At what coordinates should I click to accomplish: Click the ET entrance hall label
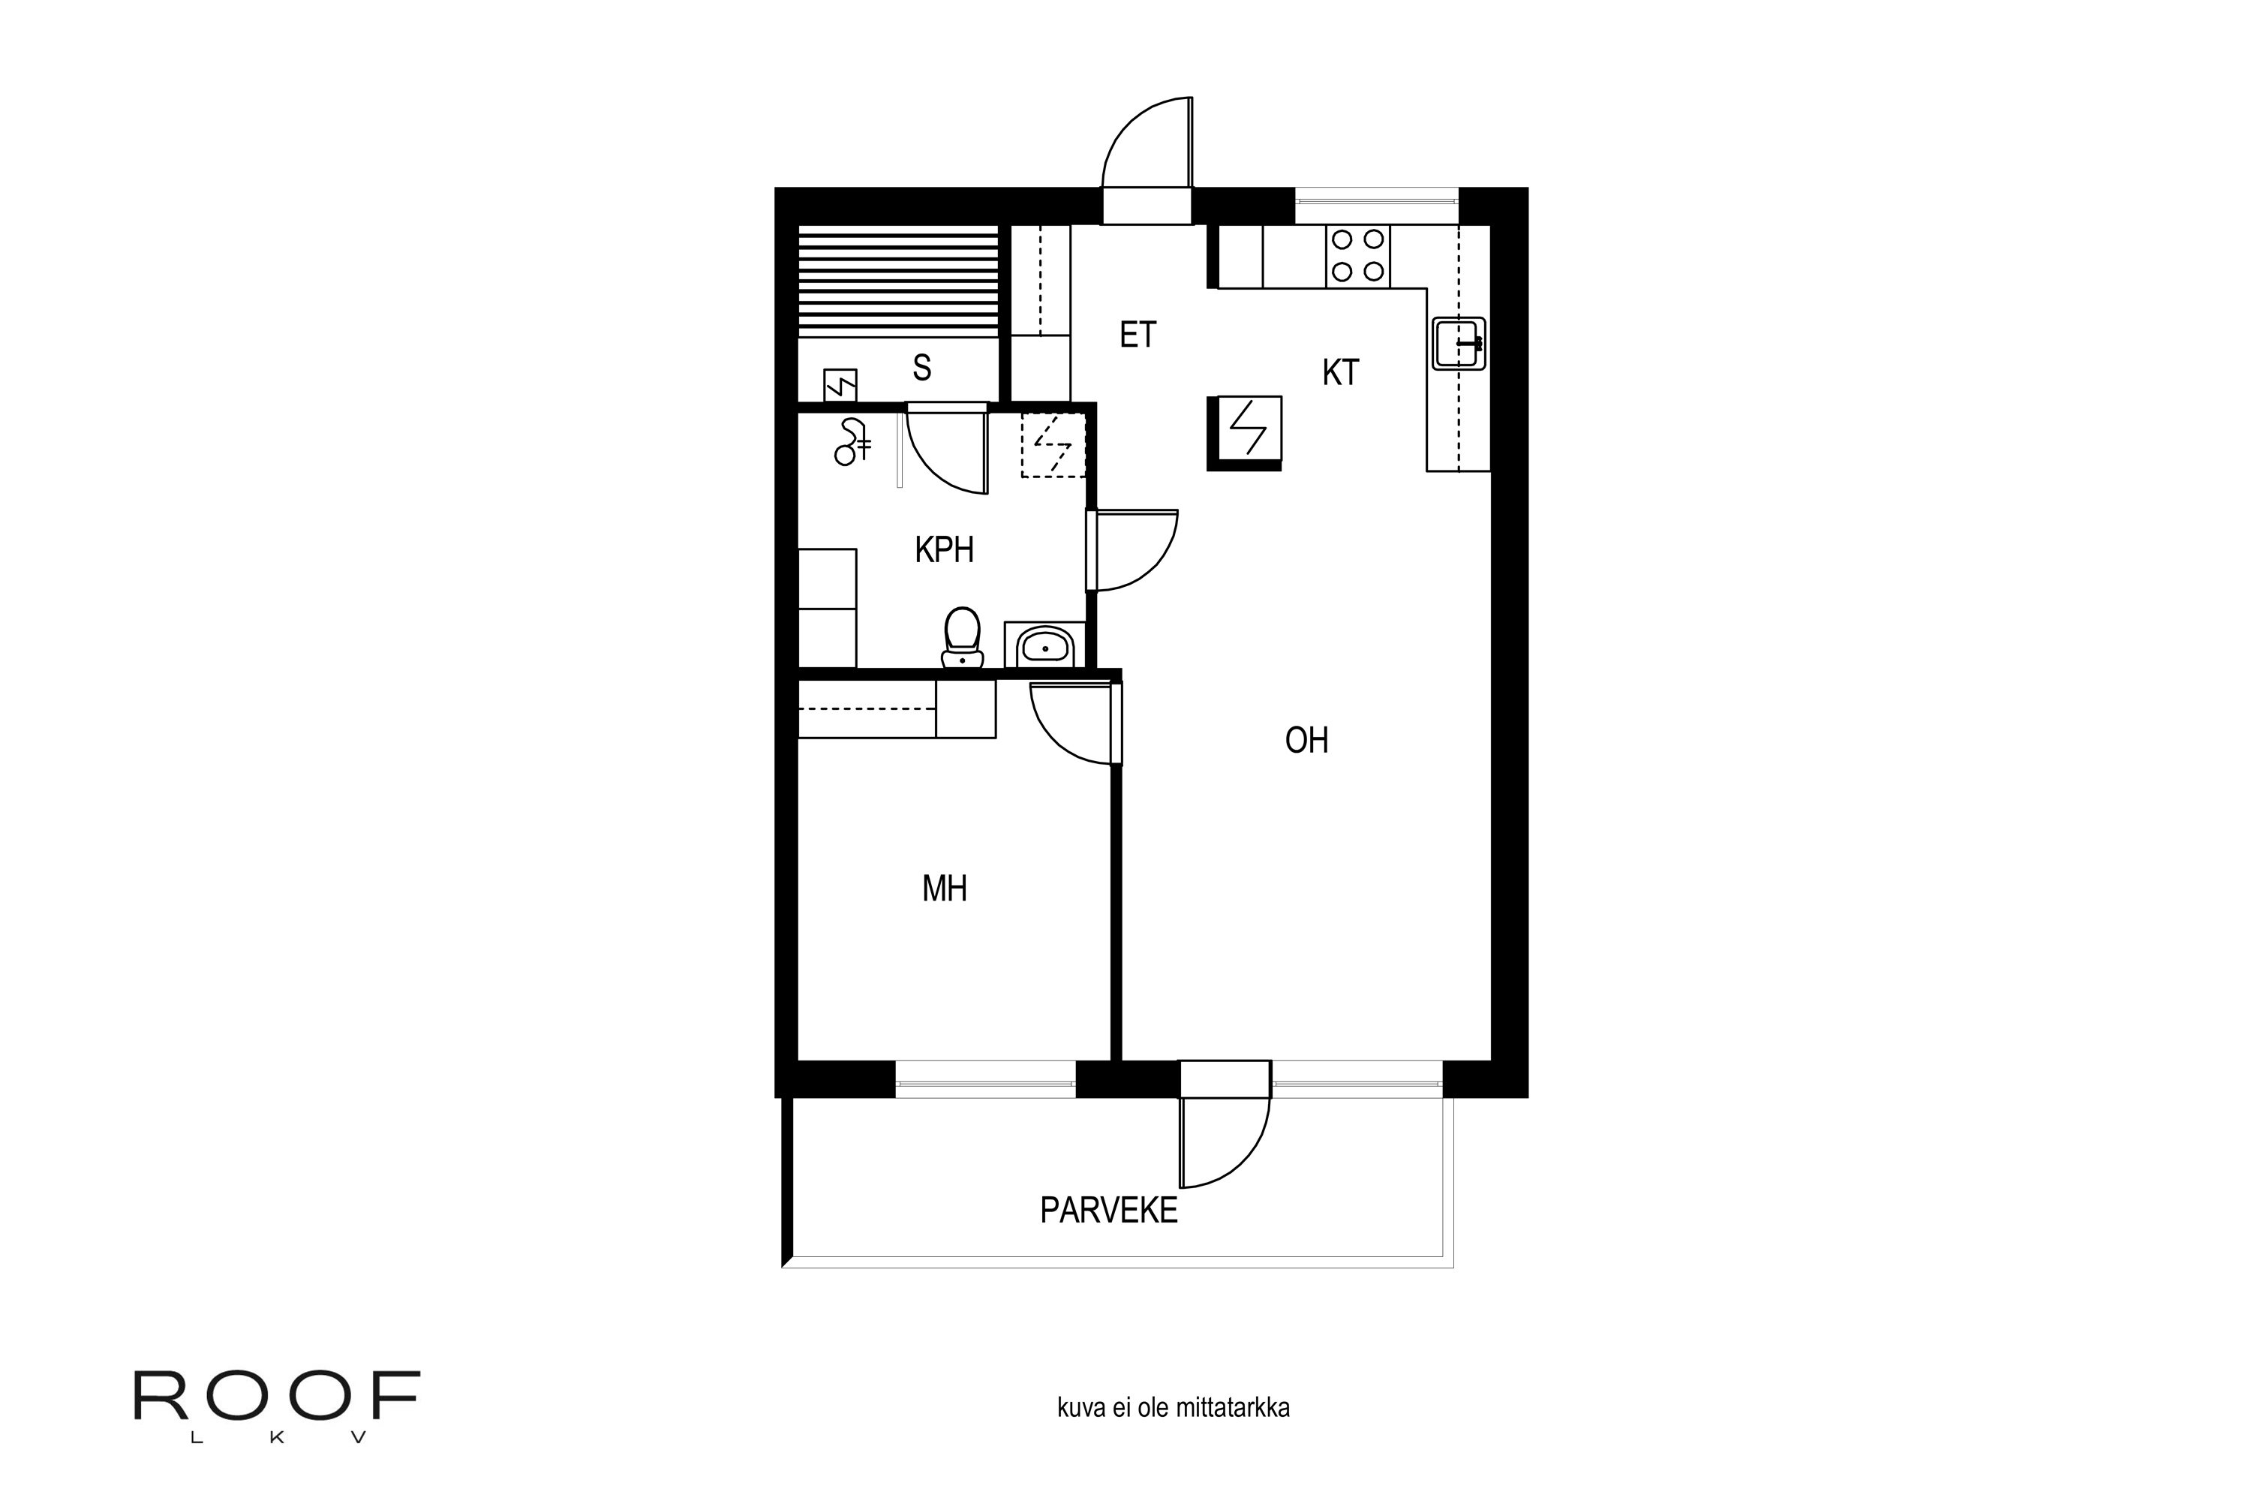[x=1138, y=335]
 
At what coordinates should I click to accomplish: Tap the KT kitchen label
[x=1340, y=372]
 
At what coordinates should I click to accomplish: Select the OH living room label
[x=1306, y=740]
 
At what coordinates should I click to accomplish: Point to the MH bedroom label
[x=945, y=889]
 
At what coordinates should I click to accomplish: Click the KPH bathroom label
[x=944, y=550]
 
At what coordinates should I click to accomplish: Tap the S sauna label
[x=921, y=368]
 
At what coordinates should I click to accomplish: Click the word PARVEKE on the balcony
[x=1108, y=1211]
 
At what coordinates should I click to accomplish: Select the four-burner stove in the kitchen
[x=1357, y=256]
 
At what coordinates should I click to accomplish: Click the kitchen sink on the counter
[x=1459, y=344]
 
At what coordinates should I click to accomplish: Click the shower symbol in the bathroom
[x=852, y=442]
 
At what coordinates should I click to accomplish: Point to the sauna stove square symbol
[x=840, y=386]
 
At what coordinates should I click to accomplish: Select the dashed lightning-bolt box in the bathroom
[x=1053, y=445]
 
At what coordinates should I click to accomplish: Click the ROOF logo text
[x=277, y=1397]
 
